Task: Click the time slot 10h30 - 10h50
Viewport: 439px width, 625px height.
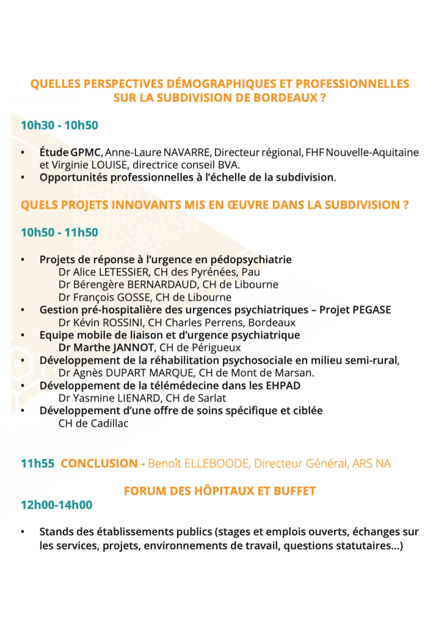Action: click(x=59, y=126)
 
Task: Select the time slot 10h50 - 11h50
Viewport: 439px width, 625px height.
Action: click(x=59, y=233)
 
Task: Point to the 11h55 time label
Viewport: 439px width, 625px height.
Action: click(x=37, y=464)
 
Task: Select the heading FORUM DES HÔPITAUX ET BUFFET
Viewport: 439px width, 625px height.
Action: click(x=219, y=491)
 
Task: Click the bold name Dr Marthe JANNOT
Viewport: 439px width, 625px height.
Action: click(x=106, y=348)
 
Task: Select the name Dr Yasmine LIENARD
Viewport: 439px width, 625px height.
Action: click(x=106, y=398)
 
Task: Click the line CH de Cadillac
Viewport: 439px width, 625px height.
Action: click(x=93, y=423)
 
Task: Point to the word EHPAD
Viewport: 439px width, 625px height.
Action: click(x=282, y=386)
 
